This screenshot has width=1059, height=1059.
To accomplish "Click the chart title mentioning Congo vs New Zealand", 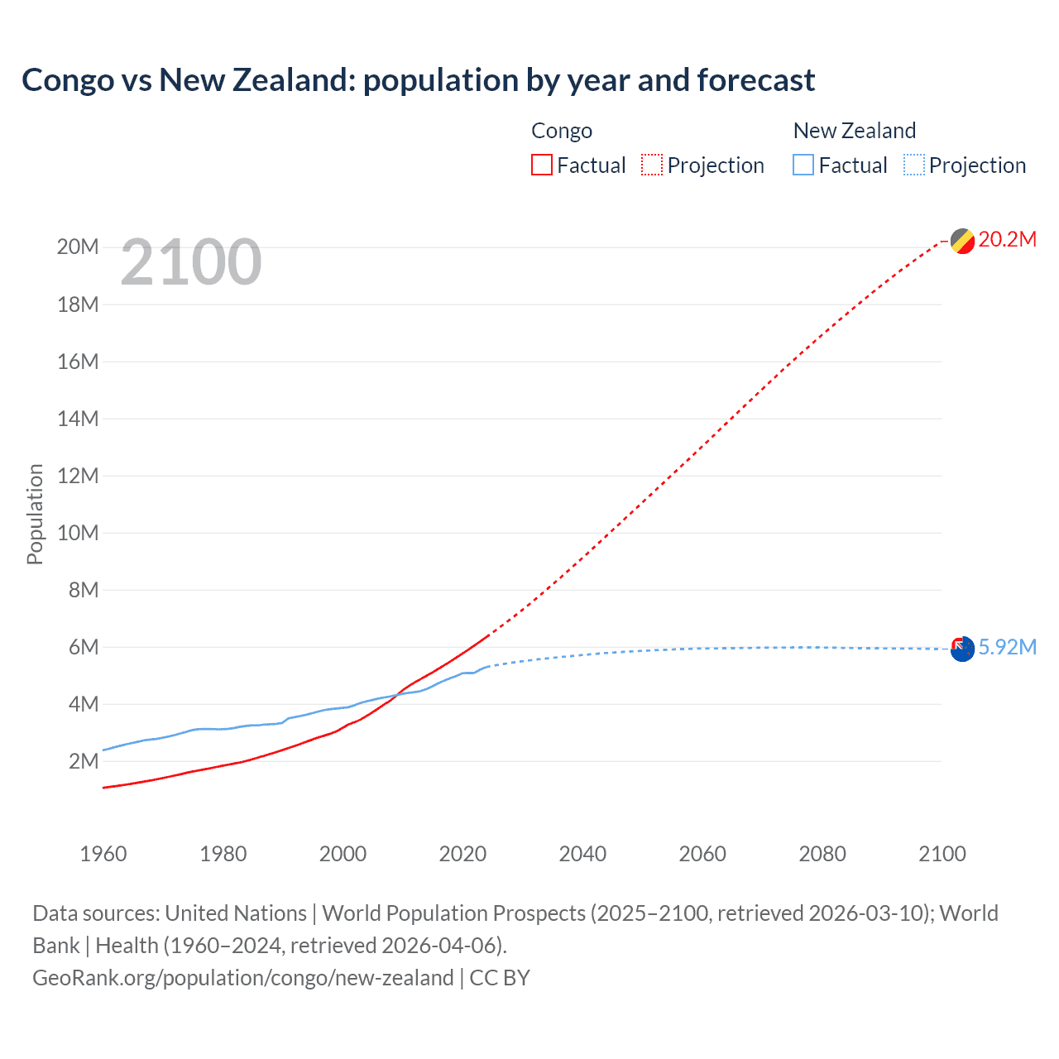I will (x=418, y=80).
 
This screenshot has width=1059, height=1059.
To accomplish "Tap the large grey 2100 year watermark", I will (x=191, y=262).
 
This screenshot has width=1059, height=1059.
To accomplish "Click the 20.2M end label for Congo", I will (x=1007, y=240).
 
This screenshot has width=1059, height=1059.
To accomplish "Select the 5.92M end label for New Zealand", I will (x=1007, y=647).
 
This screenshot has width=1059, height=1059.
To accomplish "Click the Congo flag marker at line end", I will (x=962, y=242).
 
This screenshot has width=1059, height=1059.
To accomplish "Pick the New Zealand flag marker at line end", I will (x=962, y=649).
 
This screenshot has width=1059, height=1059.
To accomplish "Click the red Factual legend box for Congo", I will (x=542, y=165).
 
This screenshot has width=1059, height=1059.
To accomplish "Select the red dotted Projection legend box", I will (x=652, y=165).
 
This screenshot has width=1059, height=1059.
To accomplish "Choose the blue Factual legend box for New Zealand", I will (x=803, y=165).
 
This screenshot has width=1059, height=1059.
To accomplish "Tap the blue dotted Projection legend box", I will (x=914, y=165).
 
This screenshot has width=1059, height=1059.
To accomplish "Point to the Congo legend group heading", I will (x=562, y=131).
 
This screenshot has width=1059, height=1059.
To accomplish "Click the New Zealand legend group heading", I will (x=854, y=131).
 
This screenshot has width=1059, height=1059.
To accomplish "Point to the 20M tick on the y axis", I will (x=78, y=247).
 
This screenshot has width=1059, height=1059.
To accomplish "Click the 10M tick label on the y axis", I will (x=78, y=533).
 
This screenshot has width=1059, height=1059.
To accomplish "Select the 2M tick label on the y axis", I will (x=83, y=761).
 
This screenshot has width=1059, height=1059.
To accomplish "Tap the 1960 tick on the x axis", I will (x=103, y=854).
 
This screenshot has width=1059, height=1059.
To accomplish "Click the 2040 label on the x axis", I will (x=582, y=854).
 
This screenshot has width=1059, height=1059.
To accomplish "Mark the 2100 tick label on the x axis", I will (x=942, y=854).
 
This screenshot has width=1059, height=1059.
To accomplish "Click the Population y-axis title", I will (x=35, y=514).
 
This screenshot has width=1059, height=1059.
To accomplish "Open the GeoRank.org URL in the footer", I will (x=242, y=978).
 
